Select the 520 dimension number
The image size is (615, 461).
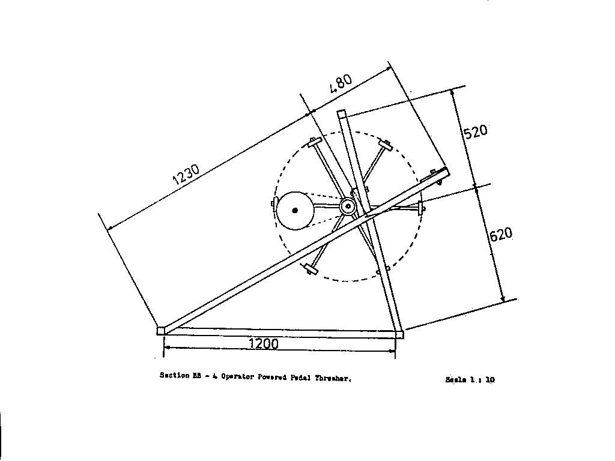point(475,131)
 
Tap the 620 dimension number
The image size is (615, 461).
point(501,233)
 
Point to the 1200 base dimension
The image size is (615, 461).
point(263,343)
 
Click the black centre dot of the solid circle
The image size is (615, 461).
point(295,210)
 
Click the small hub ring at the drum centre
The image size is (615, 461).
point(348,206)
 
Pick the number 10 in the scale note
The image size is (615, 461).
point(489,379)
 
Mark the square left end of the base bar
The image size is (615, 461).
point(161,330)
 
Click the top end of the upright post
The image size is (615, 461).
point(342,113)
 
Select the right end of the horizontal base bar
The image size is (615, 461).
point(399,334)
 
